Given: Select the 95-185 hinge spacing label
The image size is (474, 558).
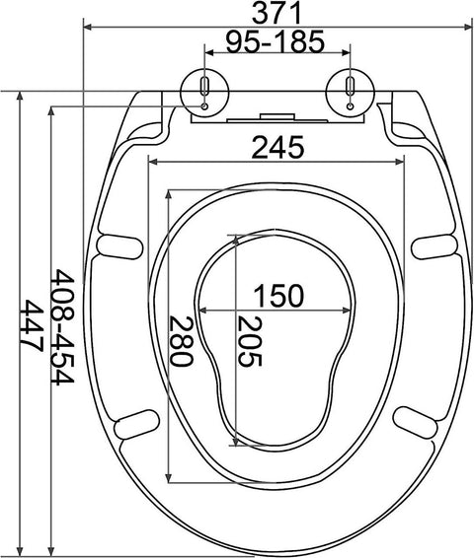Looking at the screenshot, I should pos(276,41).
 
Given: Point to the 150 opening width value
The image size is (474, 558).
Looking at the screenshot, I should pos(276,295).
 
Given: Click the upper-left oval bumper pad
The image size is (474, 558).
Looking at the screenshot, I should pos(119,244).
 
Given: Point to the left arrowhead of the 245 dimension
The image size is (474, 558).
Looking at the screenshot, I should pos(154,161).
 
